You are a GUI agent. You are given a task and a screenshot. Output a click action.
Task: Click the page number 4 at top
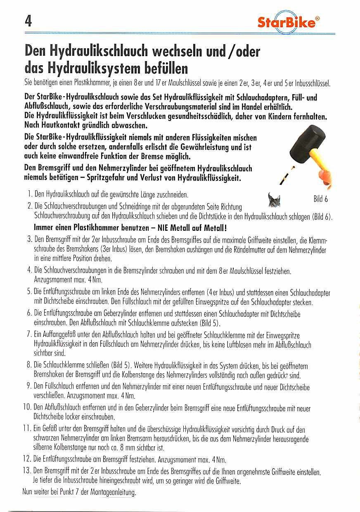click(x=28, y=21)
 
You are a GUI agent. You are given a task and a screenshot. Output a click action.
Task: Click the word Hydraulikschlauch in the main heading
click(x=99, y=52)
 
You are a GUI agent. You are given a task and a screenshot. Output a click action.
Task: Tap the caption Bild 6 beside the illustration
click(x=320, y=199)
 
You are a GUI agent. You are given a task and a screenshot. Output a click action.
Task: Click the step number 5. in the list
click(x=29, y=292)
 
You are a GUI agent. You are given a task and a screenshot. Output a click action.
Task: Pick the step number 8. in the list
click(x=29, y=365)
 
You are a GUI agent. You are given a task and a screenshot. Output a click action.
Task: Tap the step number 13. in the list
click(x=27, y=471)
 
